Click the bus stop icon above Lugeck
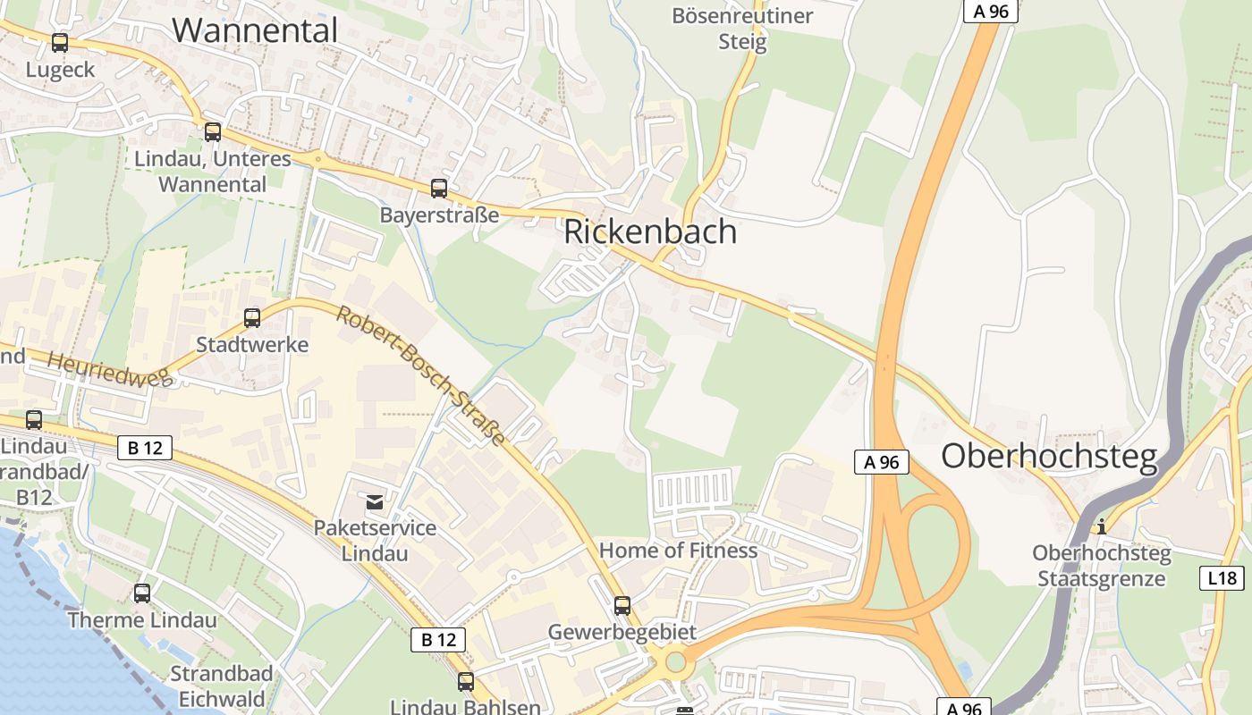[x=60, y=42]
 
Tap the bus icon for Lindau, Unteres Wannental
[x=212, y=132]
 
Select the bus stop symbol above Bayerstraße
[x=438, y=188]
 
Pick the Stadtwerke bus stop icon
[x=252, y=317]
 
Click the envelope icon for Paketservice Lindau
[x=375, y=501]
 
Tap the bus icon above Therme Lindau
[x=141, y=593]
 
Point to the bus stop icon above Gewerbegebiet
[x=622, y=605]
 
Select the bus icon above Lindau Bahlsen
[x=465, y=681]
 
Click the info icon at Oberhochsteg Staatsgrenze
[x=1102, y=526]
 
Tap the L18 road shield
[x=1222, y=578]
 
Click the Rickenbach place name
[x=650, y=231]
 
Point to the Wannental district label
[x=255, y=30]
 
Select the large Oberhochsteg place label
[x=1049, y=456]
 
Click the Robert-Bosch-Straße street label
[x=421, y=375]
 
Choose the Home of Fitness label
[x=678, y=551]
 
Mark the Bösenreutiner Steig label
[x=742, y=29]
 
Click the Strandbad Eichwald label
[x=217, y=686]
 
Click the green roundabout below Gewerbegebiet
[x=675, y=662]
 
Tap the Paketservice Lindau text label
[x=375, y=540]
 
